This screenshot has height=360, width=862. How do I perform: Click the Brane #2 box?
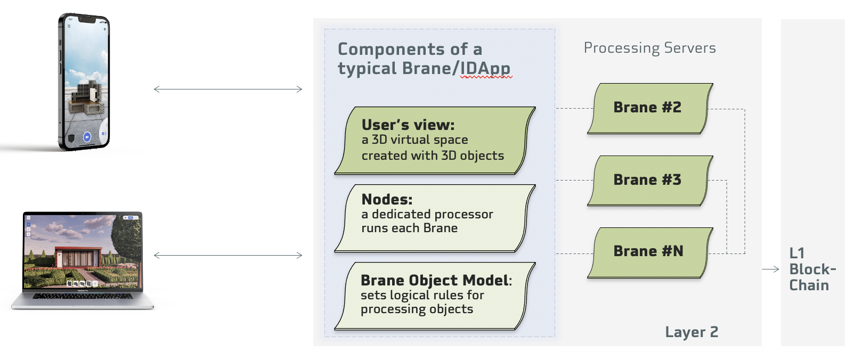click(x=650, y=109)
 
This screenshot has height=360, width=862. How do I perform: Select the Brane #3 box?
click(x=650, y=181)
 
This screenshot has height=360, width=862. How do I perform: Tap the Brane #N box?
click(x=650, y=252)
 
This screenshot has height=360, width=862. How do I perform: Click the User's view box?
click(x=435, y=141)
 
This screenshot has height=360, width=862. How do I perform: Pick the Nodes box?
click(x=435, y=218)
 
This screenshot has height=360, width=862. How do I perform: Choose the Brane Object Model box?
click(x=435, y=296)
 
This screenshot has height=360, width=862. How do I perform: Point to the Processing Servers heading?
click(x=649, y=48)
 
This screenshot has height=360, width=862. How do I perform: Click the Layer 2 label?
click(x=692, y=332)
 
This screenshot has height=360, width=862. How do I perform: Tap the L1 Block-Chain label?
click(x=812, y=269)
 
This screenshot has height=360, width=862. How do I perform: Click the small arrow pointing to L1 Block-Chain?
click(x=770, y=269)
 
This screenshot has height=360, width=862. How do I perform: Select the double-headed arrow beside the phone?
click(x=228, y=89)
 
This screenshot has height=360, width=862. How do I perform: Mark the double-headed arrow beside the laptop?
click(x=228, y=255)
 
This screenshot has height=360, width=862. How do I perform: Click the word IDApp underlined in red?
click(x=486, y=69)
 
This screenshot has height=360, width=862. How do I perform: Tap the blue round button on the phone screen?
click(x=87, y=137)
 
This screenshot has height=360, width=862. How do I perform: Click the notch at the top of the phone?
click(x=87, y=20)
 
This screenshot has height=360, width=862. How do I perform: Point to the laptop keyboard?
click(x=83, y=296)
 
